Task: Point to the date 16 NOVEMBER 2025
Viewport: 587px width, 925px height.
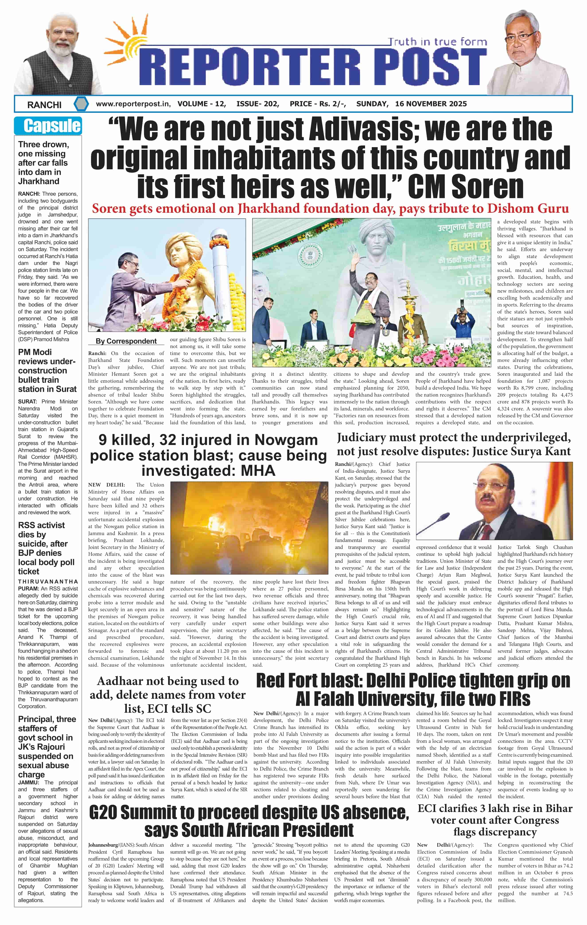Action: pyautogui.click(x=431, y=104)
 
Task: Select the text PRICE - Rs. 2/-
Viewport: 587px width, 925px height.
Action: pyautogui.click(x=318, y=104)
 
